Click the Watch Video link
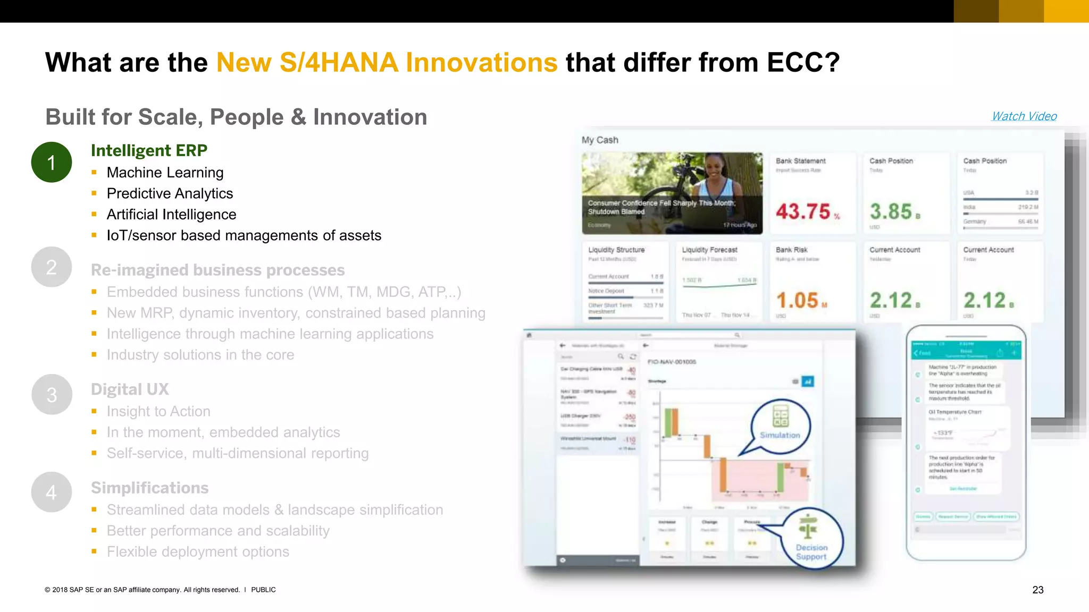point(1024,116)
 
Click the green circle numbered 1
point(52,162)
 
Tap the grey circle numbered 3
point(52,395)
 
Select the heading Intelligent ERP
point(149,150)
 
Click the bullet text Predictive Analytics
point(170,193)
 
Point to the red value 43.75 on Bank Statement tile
point(803,211)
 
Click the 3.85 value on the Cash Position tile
point(891,211)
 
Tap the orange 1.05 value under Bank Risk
point(798,301)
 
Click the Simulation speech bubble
point(780,426)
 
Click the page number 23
point(1037,590)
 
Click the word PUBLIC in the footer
point(263,590)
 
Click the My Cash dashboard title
point(600,140)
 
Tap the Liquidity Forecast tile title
point(709,250)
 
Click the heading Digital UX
point(130,389)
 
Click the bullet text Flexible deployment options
point(198,552)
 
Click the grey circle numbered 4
point(52,492)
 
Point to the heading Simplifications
point(149,488)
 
